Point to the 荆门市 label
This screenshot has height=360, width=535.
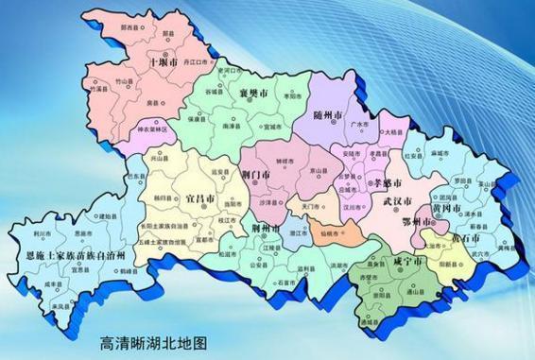pos(256,175)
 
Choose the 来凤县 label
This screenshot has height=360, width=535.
pos(62,307)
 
